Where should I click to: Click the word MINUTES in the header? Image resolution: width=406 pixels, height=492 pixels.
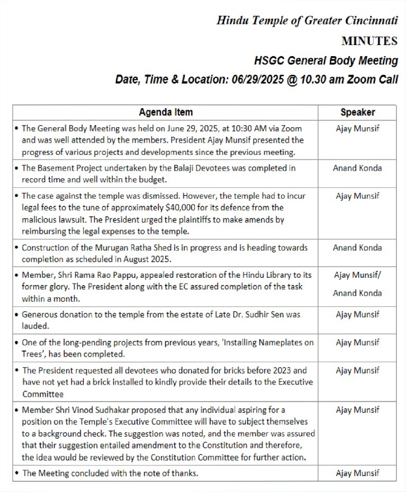point(369,41)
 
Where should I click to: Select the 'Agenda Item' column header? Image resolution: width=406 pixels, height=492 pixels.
point(166,112)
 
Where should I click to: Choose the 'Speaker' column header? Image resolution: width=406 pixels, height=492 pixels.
point(358,112)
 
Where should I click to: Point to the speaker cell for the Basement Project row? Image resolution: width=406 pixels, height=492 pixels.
point(357,168)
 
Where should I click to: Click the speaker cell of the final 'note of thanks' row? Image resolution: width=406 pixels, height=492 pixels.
point(357,473)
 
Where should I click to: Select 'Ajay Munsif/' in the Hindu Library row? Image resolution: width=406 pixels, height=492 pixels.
point(358,275)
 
